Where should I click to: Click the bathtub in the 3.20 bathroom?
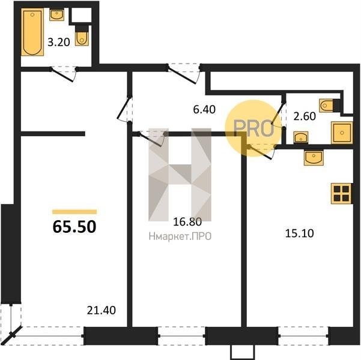coord(32,32)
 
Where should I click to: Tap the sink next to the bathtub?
coord(56,15)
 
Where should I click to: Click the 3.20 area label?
coord(59,43)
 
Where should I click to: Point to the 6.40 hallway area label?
coord(204,109)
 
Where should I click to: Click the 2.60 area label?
coord(305,116)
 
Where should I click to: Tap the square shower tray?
coord(342,133)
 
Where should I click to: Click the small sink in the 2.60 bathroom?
coord(301,137)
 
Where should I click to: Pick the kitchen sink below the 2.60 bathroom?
coord(314,158)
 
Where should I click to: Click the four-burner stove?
coord(341,193)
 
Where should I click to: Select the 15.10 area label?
coord(299,233)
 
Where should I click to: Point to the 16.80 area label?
coord(187,222)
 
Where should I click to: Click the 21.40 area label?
coord(102,310)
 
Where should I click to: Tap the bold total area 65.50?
coord(74,227)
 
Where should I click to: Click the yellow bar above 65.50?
coord(74,212)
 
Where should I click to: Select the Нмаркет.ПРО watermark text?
coord(180,236)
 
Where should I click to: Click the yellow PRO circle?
coord(253,128)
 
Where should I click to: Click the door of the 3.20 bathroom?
coord(64,74)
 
